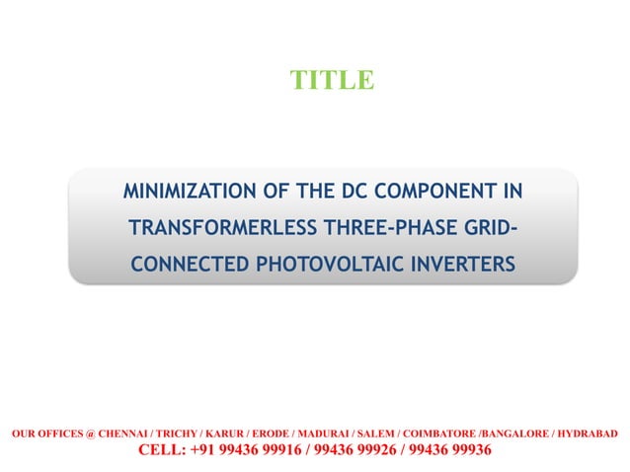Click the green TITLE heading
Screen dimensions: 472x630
pos(331,80)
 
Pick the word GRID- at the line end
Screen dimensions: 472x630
pos(484,228)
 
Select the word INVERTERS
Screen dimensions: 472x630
pos(462,266)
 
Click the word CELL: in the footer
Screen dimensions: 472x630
pos(162,450)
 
